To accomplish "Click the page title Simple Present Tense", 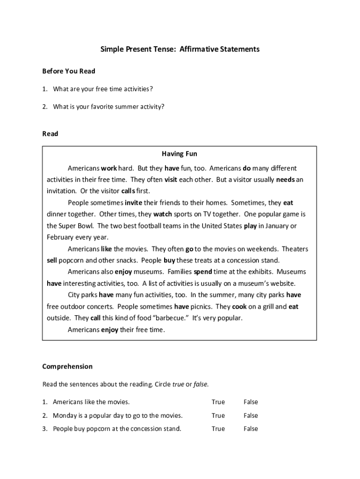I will pos(180,49).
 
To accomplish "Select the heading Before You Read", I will pos(69,71).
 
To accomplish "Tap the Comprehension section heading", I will pos(67,366).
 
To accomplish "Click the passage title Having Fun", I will pos(180,153).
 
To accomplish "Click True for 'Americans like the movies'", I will pos(218,402).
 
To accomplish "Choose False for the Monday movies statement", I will pos(251,415).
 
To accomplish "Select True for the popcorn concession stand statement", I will pos(218,428).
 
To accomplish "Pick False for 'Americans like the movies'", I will pos(251,402).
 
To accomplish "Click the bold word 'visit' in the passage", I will pos(171,180).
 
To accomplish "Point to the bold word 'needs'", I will pos(285,180).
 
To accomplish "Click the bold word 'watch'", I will pos(163,214).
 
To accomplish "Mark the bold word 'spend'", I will pos(203,272).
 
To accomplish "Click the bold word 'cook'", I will pos(239,307).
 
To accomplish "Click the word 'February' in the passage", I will pos(60,237).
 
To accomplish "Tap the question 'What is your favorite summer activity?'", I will pos(108,107).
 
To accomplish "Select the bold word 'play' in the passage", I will pos(250,226).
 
